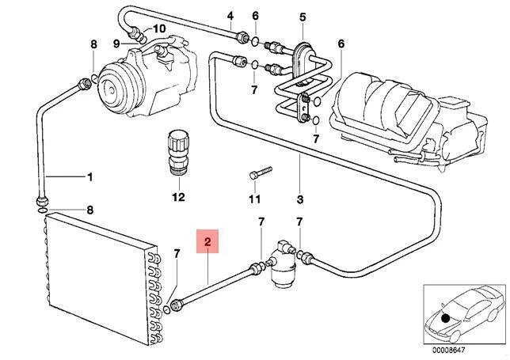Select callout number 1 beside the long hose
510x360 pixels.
point(89,176)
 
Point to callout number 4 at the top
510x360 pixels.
point(230,16)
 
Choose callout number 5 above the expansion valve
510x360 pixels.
point(302,16)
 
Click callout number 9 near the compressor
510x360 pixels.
point(116,42)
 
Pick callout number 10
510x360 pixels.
point(159,28)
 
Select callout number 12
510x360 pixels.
point(178,195)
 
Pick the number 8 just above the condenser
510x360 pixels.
point(89,210)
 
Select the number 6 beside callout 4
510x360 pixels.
point(255,16)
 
